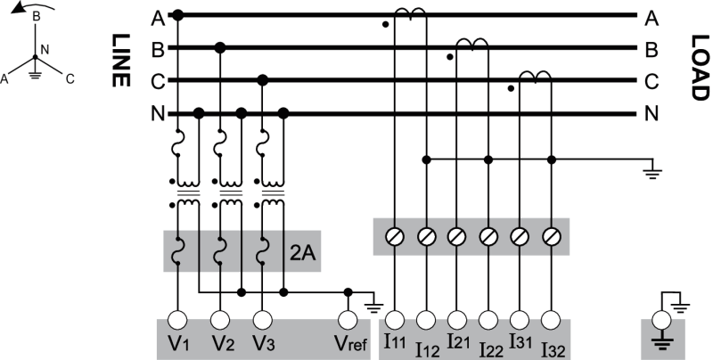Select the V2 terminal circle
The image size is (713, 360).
click(x=219, y=318)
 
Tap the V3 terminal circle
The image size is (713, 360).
click(x=262, y=318)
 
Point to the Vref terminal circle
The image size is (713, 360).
click(x=348, y=318)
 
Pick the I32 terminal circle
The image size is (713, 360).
click(x=552, y=318)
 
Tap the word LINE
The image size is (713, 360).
click(x=118, y=61)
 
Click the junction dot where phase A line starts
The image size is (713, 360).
click(x=177, y=15)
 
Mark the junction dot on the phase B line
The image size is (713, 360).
click(x=219, y=47)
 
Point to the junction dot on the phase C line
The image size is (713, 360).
click(x=262, y=80)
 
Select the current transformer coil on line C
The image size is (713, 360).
click(x=535, y=78)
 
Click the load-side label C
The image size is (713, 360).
click(x=651, y=81)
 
